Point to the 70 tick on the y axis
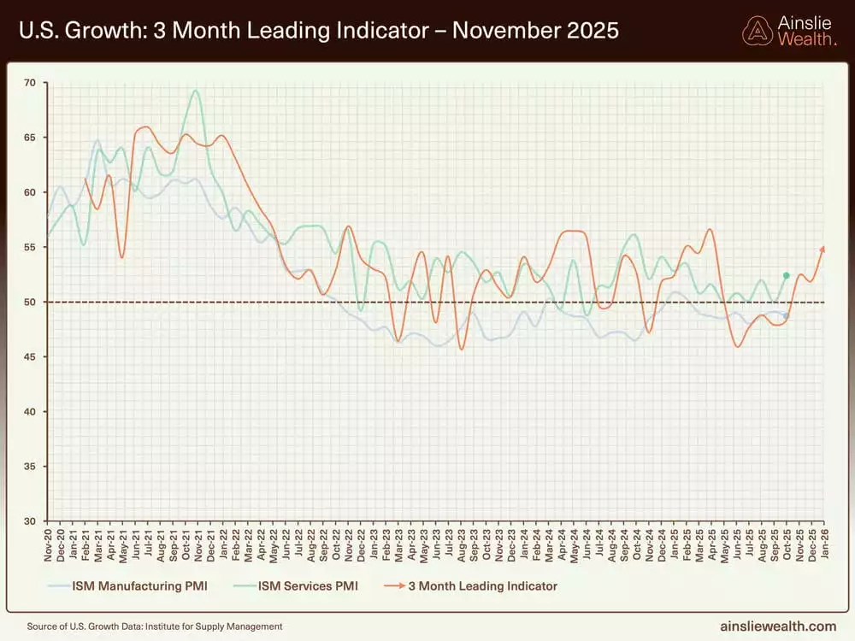click(31, 83)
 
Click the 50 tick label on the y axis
click(31, 303)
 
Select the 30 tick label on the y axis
click(31, 521)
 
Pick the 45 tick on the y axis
click(31, 357)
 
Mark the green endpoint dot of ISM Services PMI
click(786, 275)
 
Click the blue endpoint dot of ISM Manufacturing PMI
click(786, 316)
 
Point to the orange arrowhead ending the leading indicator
click(823, 249)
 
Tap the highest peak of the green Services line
click(197, 91)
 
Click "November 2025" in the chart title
click(535, 32)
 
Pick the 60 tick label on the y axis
click(31, 192)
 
